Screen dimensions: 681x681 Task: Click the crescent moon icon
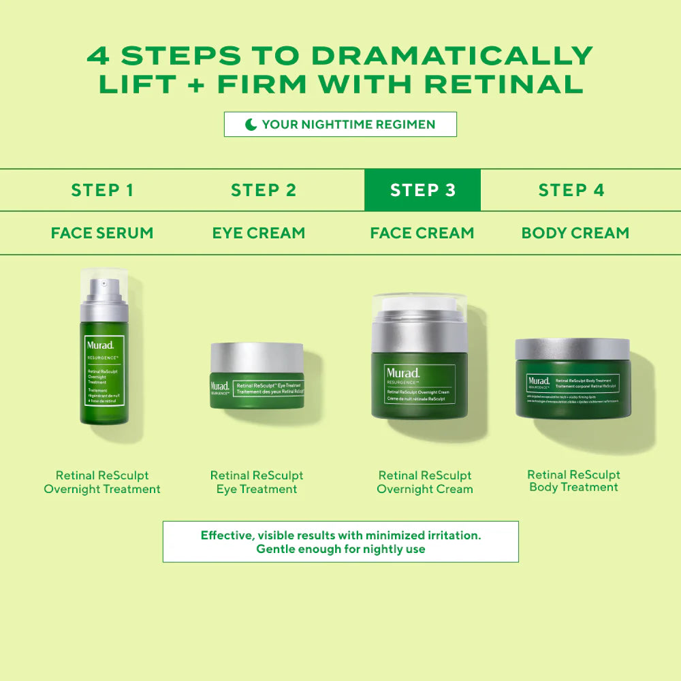point(251,125)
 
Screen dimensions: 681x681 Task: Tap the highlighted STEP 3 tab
point(422,190)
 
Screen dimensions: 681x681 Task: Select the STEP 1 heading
point(102,190)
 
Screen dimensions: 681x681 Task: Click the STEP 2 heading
point(264,190)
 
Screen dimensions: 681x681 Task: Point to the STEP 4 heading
point(571,190)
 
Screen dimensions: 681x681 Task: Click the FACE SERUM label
point(102,233)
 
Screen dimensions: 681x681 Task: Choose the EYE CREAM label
point(258,233)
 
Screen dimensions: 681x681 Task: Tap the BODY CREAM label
point(575,233)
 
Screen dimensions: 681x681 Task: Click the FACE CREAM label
point(422,233)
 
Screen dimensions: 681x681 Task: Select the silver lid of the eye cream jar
point(257,358)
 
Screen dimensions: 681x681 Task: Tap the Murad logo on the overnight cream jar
point(403,373)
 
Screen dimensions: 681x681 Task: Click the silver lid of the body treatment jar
point(573,349)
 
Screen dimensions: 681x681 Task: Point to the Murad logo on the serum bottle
point(99,345)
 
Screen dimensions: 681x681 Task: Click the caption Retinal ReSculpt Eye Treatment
point(257,482)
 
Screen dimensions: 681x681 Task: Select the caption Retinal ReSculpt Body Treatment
point(573,481)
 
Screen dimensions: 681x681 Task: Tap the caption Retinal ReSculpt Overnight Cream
point(425,482)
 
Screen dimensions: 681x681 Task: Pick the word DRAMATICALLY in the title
point(452,55)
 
